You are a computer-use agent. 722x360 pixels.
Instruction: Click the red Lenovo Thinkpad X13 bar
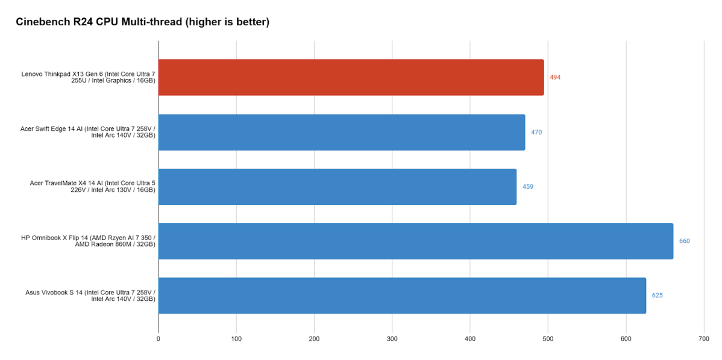click(x=351, y=77)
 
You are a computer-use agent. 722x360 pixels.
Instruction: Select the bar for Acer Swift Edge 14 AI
click(x=342, y=132)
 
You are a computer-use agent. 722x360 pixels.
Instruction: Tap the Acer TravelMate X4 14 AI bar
click(x=337, y=186)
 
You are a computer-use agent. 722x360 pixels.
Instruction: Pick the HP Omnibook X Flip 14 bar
click(x=416, y=241)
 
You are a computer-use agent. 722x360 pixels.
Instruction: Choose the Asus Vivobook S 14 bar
click(x=402, y=295)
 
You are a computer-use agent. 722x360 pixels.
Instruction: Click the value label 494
click(x=555, y=77)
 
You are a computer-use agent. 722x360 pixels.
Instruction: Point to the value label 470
click(x=536, y=132)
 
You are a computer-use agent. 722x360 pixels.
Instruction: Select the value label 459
click(x=528, y=186)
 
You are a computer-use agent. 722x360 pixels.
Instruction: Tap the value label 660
click(x=685, y=241)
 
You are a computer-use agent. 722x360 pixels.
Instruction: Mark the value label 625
click(x=658, y=295)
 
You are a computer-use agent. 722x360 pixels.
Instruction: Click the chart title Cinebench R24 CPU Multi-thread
click(x=142, y=22)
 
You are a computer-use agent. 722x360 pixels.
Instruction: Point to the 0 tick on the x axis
click(x=159, y=339)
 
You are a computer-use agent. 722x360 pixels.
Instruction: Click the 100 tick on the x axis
click(x=236, y=339)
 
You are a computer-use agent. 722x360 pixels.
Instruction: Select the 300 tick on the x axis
click(x=392, y=339)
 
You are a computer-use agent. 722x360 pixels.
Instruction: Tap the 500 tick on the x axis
click(x=548, y=339)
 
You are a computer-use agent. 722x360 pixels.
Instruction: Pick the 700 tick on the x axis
click(x=703, y=339)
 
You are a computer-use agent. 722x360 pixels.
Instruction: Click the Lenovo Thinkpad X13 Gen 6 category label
click(x=89, y=77)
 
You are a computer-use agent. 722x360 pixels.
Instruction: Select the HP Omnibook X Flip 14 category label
click(x=89, y=241)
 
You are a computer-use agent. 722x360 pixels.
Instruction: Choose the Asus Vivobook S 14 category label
click(x=90, y=295)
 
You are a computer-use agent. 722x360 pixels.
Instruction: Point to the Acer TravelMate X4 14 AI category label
click(x=93, y=186)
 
